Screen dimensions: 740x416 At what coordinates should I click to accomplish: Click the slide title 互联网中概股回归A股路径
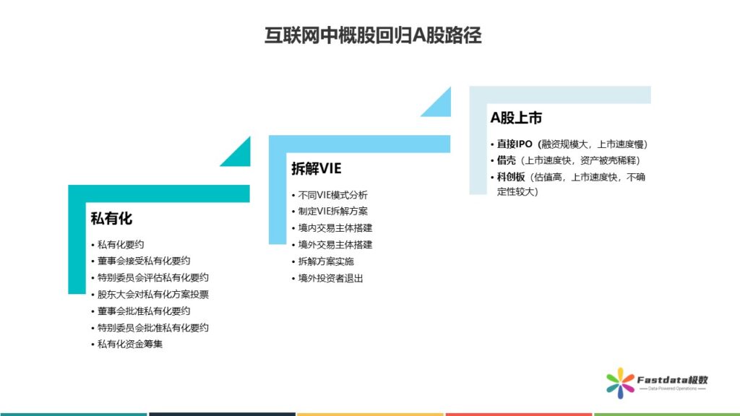tap(373, 35)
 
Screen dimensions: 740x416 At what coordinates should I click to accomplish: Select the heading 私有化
tap(111, 218)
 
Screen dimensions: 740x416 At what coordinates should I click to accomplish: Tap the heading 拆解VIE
tap(317, 168)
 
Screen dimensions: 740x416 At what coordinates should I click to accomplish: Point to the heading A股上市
tap(516, 118)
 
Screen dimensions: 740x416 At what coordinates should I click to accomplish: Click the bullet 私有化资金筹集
tap(130, 344)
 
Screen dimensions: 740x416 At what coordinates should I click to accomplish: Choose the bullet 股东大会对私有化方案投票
tap(153, 295)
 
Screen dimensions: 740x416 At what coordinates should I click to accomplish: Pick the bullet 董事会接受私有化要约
tap(144, 261)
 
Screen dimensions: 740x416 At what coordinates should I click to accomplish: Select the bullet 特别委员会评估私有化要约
tap(153, 277)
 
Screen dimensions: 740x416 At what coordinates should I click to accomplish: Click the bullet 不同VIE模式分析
tap(332, 195)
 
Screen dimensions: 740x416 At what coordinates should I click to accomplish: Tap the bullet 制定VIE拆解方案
tap(332, 212)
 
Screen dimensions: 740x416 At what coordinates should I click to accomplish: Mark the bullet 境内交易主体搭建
tap(335, 227)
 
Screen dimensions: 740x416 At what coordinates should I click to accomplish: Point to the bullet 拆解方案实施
tap(326, 261)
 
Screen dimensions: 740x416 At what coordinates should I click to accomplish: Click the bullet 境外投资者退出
tap(330, 278)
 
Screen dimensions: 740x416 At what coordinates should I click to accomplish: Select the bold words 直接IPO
tap(515, 144)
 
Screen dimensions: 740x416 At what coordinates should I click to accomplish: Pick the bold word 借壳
tap(507, 160)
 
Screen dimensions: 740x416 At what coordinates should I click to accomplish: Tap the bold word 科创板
tap(511, 177)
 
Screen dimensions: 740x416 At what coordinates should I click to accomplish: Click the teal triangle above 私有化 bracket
tap(240, 156)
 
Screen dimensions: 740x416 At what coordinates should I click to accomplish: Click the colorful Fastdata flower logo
tap(620, 383)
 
